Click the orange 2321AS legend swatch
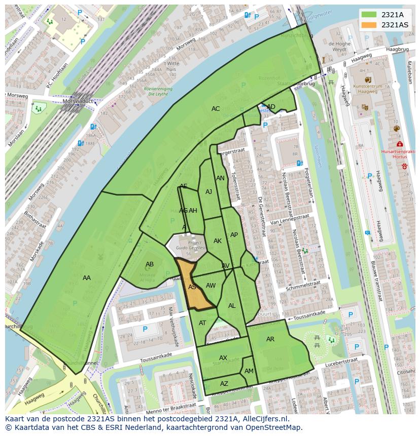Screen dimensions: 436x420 [370, 25]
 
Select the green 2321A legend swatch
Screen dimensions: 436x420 [370, 15]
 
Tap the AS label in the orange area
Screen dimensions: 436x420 [192, 287]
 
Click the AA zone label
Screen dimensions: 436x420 [87, 278]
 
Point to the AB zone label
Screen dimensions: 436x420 [150, 264]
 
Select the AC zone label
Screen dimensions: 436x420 [216, 109]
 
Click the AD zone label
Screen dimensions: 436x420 [271, 106]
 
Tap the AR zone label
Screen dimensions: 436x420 [270, 339]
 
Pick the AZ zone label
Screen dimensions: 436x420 [224, 384]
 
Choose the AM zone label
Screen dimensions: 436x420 [249, 371]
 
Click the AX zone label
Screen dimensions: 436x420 [223, 358]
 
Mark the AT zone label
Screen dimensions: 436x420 [202, 323]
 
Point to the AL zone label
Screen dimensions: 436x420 [232, 306]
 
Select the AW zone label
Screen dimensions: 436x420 [211, 286]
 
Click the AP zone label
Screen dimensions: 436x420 [234, 235]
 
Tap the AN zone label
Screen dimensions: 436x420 [220, 178]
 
